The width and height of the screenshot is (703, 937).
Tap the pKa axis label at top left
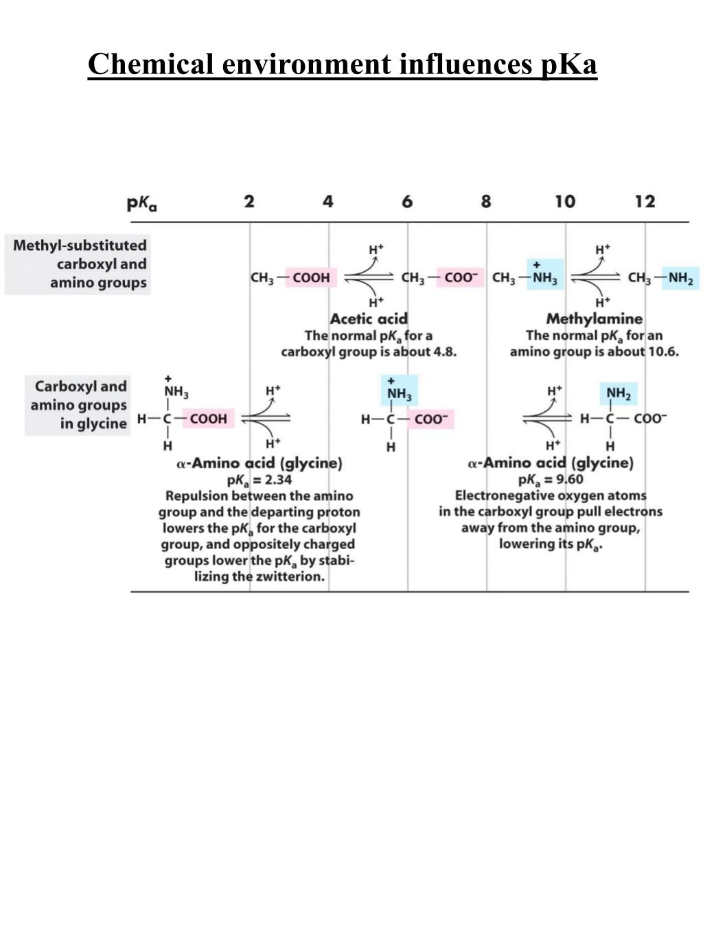(142, 203)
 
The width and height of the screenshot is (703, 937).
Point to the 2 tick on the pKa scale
(249, 201)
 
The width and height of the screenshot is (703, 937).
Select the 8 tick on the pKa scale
(486, 201)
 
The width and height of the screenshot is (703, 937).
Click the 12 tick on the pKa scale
(645, 201)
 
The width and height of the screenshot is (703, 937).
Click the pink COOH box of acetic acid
(311, 278)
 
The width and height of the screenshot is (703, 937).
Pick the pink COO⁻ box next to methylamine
(459, 278)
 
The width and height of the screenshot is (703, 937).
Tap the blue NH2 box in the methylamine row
(680, 278)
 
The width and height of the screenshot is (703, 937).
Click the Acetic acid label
(369, 319)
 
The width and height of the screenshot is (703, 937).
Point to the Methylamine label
(594, 319)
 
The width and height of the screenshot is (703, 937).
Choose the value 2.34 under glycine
(277, 479)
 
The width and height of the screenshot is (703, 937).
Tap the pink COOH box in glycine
(209, 419)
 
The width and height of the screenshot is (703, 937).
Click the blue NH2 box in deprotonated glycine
(618, 393)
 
